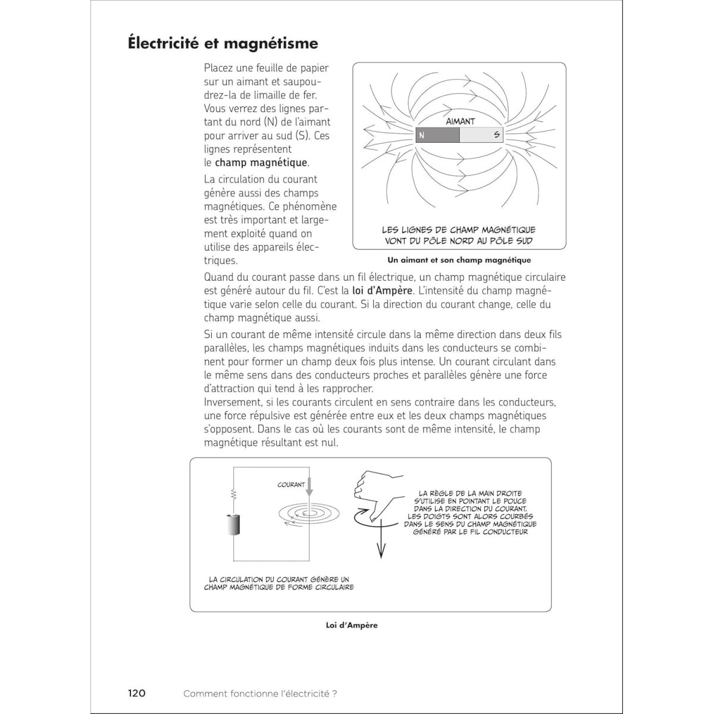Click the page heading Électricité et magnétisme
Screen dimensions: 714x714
(223, 43)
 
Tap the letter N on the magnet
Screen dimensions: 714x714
(422, 135)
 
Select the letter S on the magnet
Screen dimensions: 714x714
(497, 135)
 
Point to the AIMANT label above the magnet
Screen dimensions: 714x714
(461, 121)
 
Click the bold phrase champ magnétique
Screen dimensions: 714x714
(261, 162)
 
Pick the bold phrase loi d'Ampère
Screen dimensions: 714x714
(378, 290)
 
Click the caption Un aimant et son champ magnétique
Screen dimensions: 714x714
(459, 260)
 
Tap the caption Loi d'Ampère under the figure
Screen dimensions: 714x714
(352, 625)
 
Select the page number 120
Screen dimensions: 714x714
(136, 693)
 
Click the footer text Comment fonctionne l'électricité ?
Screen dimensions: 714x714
(261, 693)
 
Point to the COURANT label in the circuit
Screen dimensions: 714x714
(291, 485)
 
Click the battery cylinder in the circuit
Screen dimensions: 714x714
(234, 525)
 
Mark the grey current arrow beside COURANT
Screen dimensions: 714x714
(309, 489)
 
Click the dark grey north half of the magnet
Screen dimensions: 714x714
(437, 135)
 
